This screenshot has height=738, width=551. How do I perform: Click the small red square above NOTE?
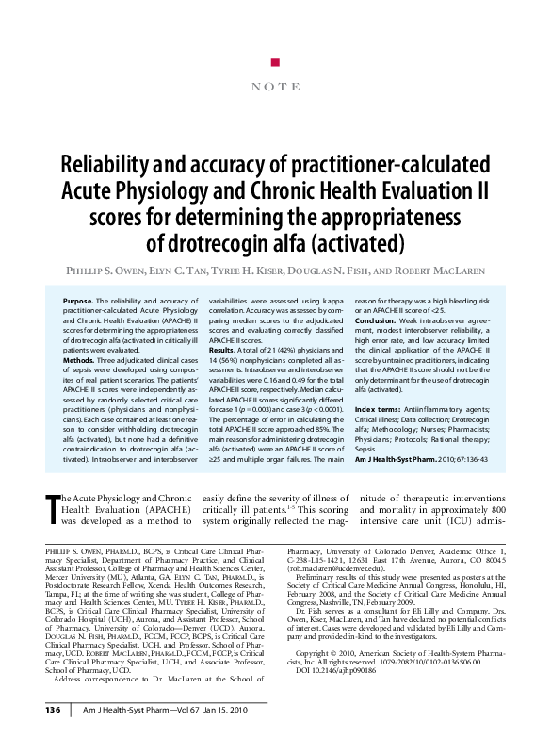(275, 62)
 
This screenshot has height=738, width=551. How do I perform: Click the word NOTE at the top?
(275, 86)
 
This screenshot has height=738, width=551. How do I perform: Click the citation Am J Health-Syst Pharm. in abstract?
(403, 460)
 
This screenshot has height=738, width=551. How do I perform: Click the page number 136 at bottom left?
(53, 709)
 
